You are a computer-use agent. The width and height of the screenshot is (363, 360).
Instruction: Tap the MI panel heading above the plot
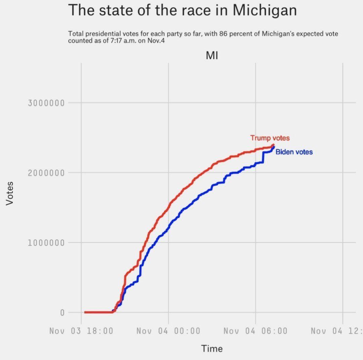[212, 55]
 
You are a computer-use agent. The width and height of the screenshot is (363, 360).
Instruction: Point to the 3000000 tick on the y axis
[46, 103]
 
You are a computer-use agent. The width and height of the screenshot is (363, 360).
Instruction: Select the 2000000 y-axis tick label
[46, 173]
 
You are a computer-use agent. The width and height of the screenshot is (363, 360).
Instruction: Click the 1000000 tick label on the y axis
[46, 243]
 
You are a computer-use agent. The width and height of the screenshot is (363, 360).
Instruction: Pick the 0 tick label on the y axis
[62, 313]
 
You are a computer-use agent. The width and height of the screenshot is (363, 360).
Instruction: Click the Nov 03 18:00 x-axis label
[81, 331]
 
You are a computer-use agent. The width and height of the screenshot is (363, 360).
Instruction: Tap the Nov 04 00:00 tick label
[168, 331]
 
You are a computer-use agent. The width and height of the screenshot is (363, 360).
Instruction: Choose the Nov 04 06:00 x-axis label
[255, 331]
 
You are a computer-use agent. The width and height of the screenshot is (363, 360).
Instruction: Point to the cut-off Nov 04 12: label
[336, 331]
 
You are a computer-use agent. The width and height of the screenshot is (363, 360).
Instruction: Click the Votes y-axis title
[10, 193]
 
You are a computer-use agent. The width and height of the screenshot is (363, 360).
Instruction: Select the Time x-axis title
[212, 349]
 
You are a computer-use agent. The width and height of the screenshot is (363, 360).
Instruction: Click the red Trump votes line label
[270, 138]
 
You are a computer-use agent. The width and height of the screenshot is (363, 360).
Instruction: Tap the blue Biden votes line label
[294, 152]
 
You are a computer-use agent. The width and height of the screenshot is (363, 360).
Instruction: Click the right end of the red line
[274, 145]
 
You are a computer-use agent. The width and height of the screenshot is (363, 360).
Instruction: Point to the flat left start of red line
[97, 312]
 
